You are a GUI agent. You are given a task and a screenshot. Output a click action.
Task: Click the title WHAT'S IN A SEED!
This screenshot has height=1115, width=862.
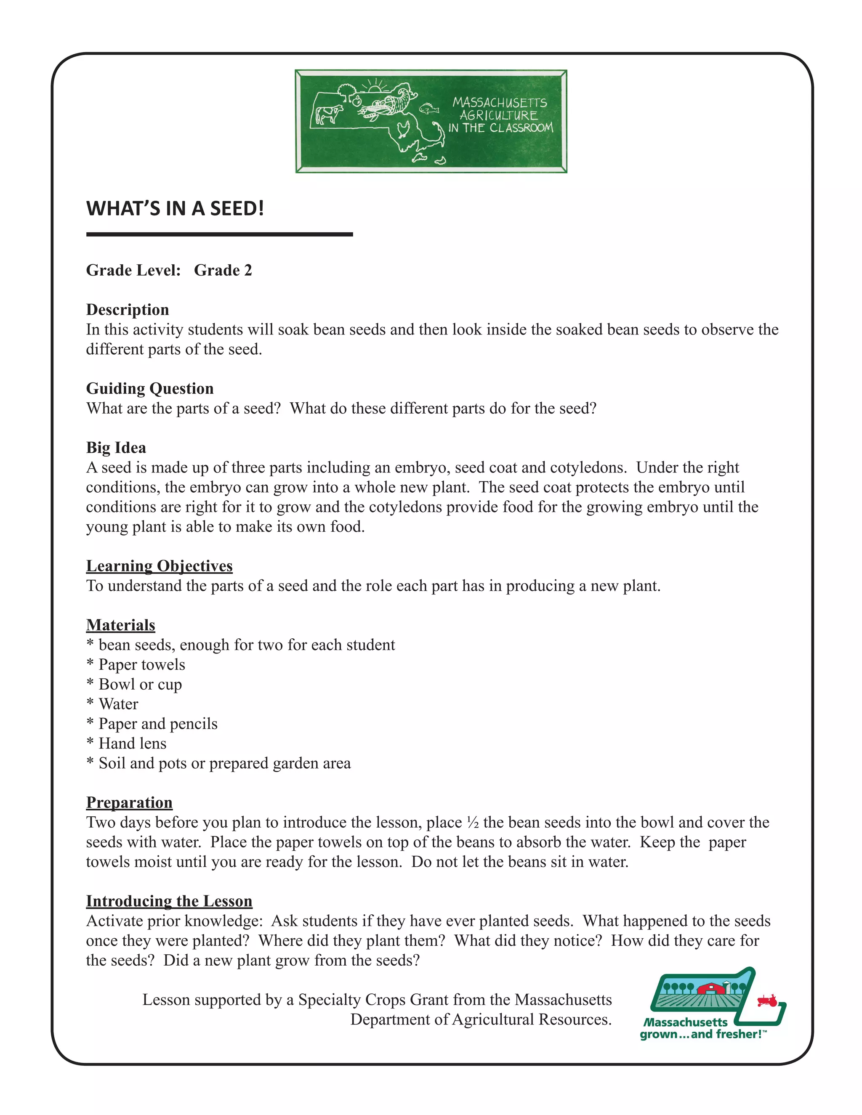[175, 208]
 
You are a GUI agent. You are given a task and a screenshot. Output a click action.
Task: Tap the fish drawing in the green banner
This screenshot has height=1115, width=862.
[429, 108]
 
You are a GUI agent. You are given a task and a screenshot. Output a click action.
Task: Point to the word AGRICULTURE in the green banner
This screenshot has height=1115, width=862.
[498, 115]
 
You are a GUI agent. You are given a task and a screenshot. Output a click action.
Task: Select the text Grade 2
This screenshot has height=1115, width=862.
[223, 270]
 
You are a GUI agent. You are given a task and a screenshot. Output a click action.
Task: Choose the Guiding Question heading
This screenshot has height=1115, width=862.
[149, 388]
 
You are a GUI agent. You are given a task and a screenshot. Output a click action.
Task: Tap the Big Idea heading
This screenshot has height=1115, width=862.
[116, 448]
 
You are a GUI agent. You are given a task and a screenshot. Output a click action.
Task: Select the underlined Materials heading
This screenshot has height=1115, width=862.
[120, 625]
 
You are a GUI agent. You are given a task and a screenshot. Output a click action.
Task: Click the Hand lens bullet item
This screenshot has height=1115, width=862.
[132, 743]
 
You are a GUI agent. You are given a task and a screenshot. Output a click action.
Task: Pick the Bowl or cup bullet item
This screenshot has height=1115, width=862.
[140, 684]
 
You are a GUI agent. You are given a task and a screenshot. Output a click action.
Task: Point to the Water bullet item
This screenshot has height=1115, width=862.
[118, 704]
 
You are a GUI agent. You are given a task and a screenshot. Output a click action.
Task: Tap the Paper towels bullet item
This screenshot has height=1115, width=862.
[141, 665]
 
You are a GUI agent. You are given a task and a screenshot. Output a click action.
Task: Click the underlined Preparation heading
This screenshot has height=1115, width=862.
[129, 802]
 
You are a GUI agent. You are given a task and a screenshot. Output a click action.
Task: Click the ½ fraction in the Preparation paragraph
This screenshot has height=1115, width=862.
[472, 823]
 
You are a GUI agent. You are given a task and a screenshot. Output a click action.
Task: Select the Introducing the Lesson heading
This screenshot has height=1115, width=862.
[169, 901]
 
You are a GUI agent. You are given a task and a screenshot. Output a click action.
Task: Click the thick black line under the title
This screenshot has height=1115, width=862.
[220, 234]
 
